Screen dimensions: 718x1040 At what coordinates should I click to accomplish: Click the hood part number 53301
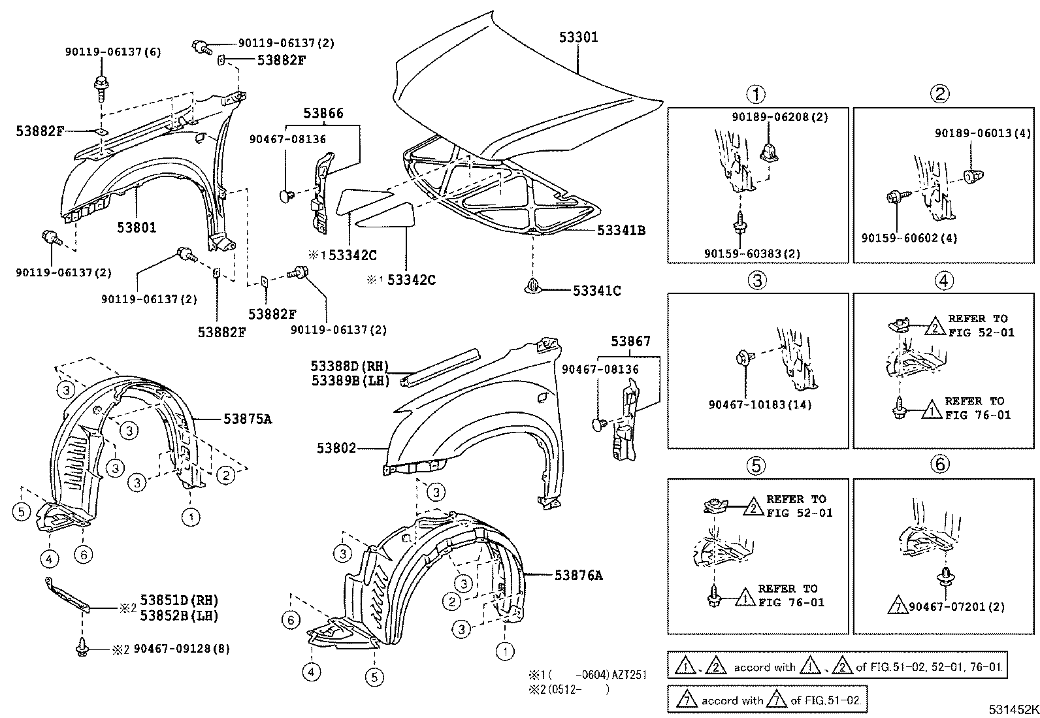(578, 37)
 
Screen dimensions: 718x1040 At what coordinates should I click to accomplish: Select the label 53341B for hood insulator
(621, 230)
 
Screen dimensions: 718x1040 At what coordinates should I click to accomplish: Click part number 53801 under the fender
(137, 227)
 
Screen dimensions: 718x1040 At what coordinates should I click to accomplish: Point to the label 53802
(336, 448)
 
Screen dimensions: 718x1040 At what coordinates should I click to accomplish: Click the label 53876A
(578, 575)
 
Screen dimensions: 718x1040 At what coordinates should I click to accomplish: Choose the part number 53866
(323, 113)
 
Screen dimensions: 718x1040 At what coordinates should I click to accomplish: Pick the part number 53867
(630, 341)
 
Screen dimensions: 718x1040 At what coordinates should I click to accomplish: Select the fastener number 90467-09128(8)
(182, 649)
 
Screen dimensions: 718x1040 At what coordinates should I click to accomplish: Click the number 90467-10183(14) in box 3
(760, 404)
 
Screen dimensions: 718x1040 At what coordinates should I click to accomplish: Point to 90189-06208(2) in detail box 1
(779, 117)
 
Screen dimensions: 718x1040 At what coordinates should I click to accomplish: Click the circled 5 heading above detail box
(755, 465)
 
